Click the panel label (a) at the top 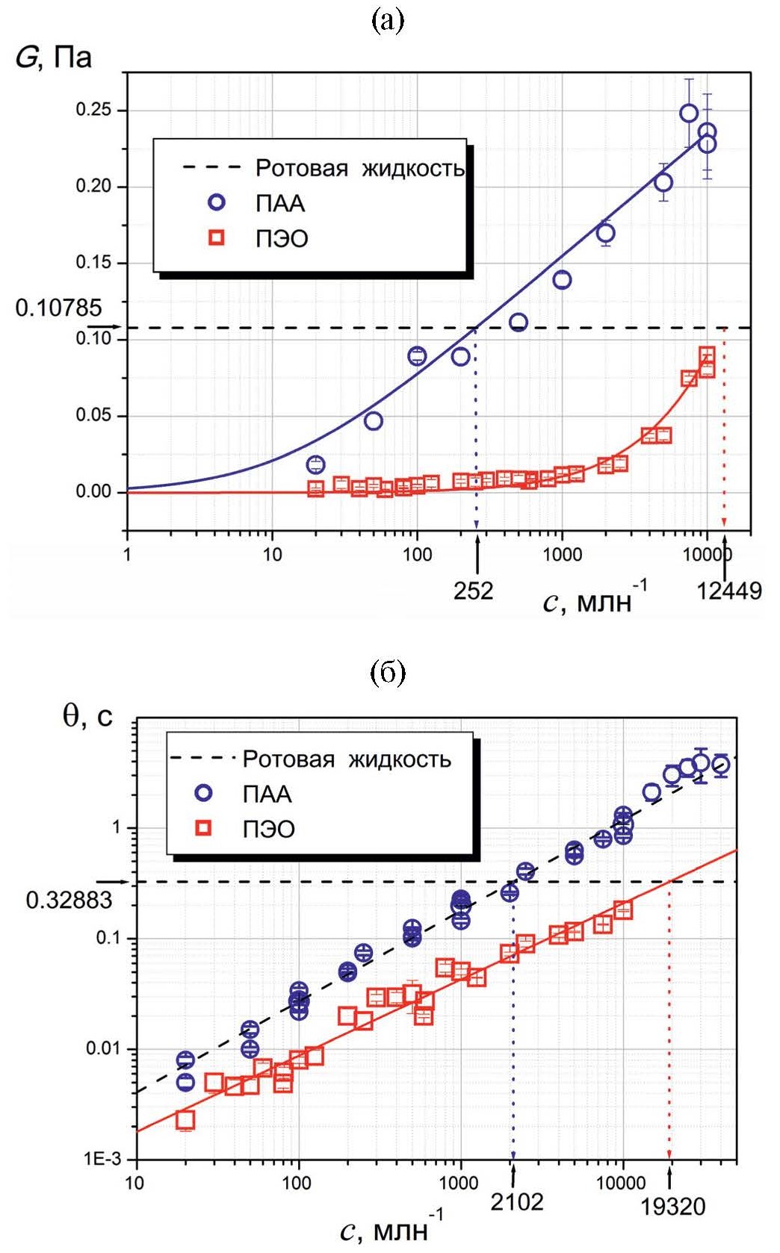pos(388,20)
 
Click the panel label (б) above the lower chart pos(388,674)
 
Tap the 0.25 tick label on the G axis pos(93,110)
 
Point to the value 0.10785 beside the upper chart pos(58,308)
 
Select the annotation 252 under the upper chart pos(473,591)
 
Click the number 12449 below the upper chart pos(729,591)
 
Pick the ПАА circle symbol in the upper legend pos(217,202)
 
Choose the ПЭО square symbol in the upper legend pos(217,238)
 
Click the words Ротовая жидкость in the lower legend pos(347,759)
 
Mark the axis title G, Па pos(54,57)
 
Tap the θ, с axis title pos(87,716)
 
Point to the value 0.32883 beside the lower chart pos(69,901)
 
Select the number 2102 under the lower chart pos(517,1201)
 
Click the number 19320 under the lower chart pos(672,1207)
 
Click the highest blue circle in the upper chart pos(689,114)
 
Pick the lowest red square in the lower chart pos(185,1119)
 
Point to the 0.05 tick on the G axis pos(93,415)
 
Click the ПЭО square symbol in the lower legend pos(203,828)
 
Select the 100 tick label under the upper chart pos(417,554)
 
